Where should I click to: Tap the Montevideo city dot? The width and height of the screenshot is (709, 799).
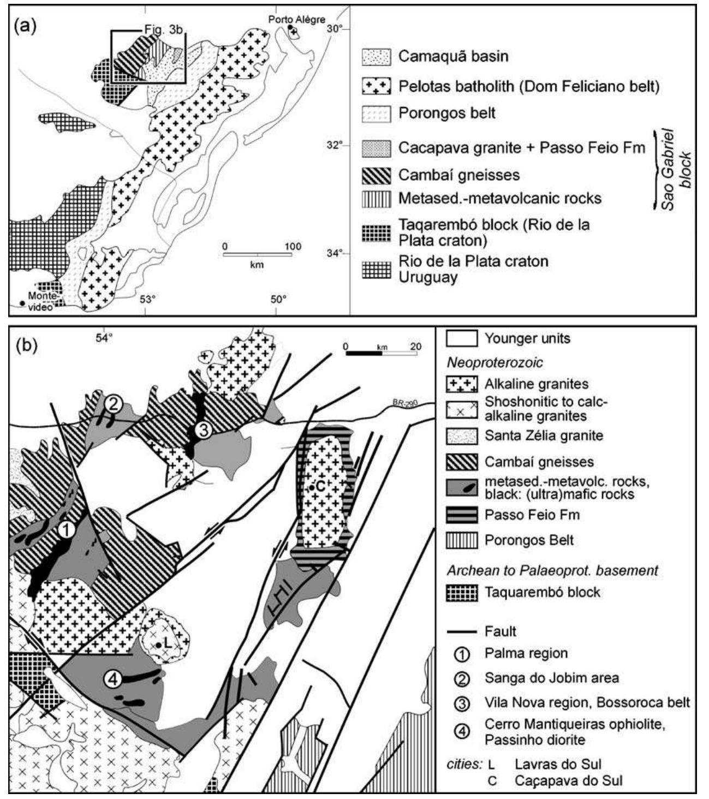tap(21, 303)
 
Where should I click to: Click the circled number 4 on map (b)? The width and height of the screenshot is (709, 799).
tap(112, 679)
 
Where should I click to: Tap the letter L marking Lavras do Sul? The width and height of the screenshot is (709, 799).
tap(168, 645)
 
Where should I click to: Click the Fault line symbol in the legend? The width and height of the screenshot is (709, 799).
tap(462, 631)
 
